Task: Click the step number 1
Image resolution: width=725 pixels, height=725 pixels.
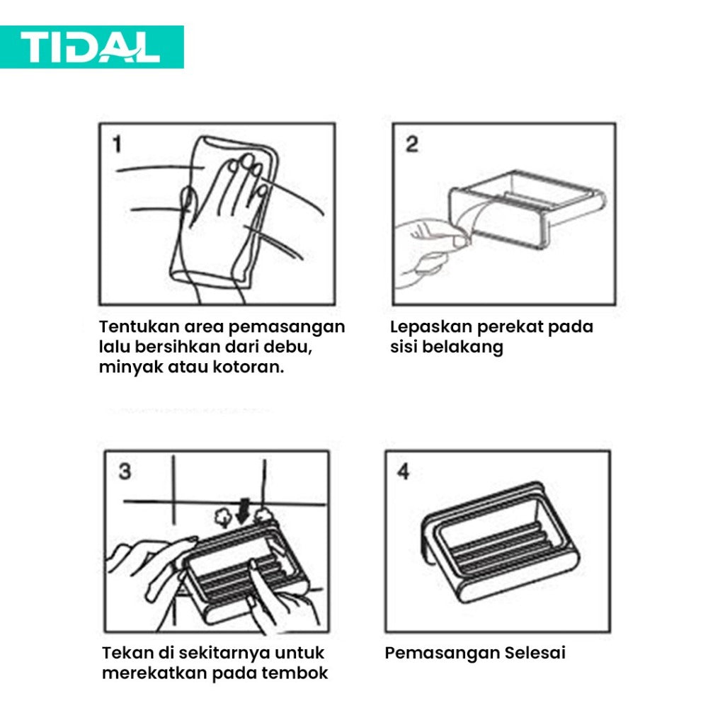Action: coord(117,145)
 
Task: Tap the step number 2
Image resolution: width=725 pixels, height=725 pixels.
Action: coord(411,144)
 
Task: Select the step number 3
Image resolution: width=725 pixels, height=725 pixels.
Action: coord(125,472)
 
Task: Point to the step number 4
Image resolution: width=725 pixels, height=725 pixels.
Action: coord(403,472)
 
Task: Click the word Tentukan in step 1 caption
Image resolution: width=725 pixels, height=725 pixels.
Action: coord(139,327)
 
